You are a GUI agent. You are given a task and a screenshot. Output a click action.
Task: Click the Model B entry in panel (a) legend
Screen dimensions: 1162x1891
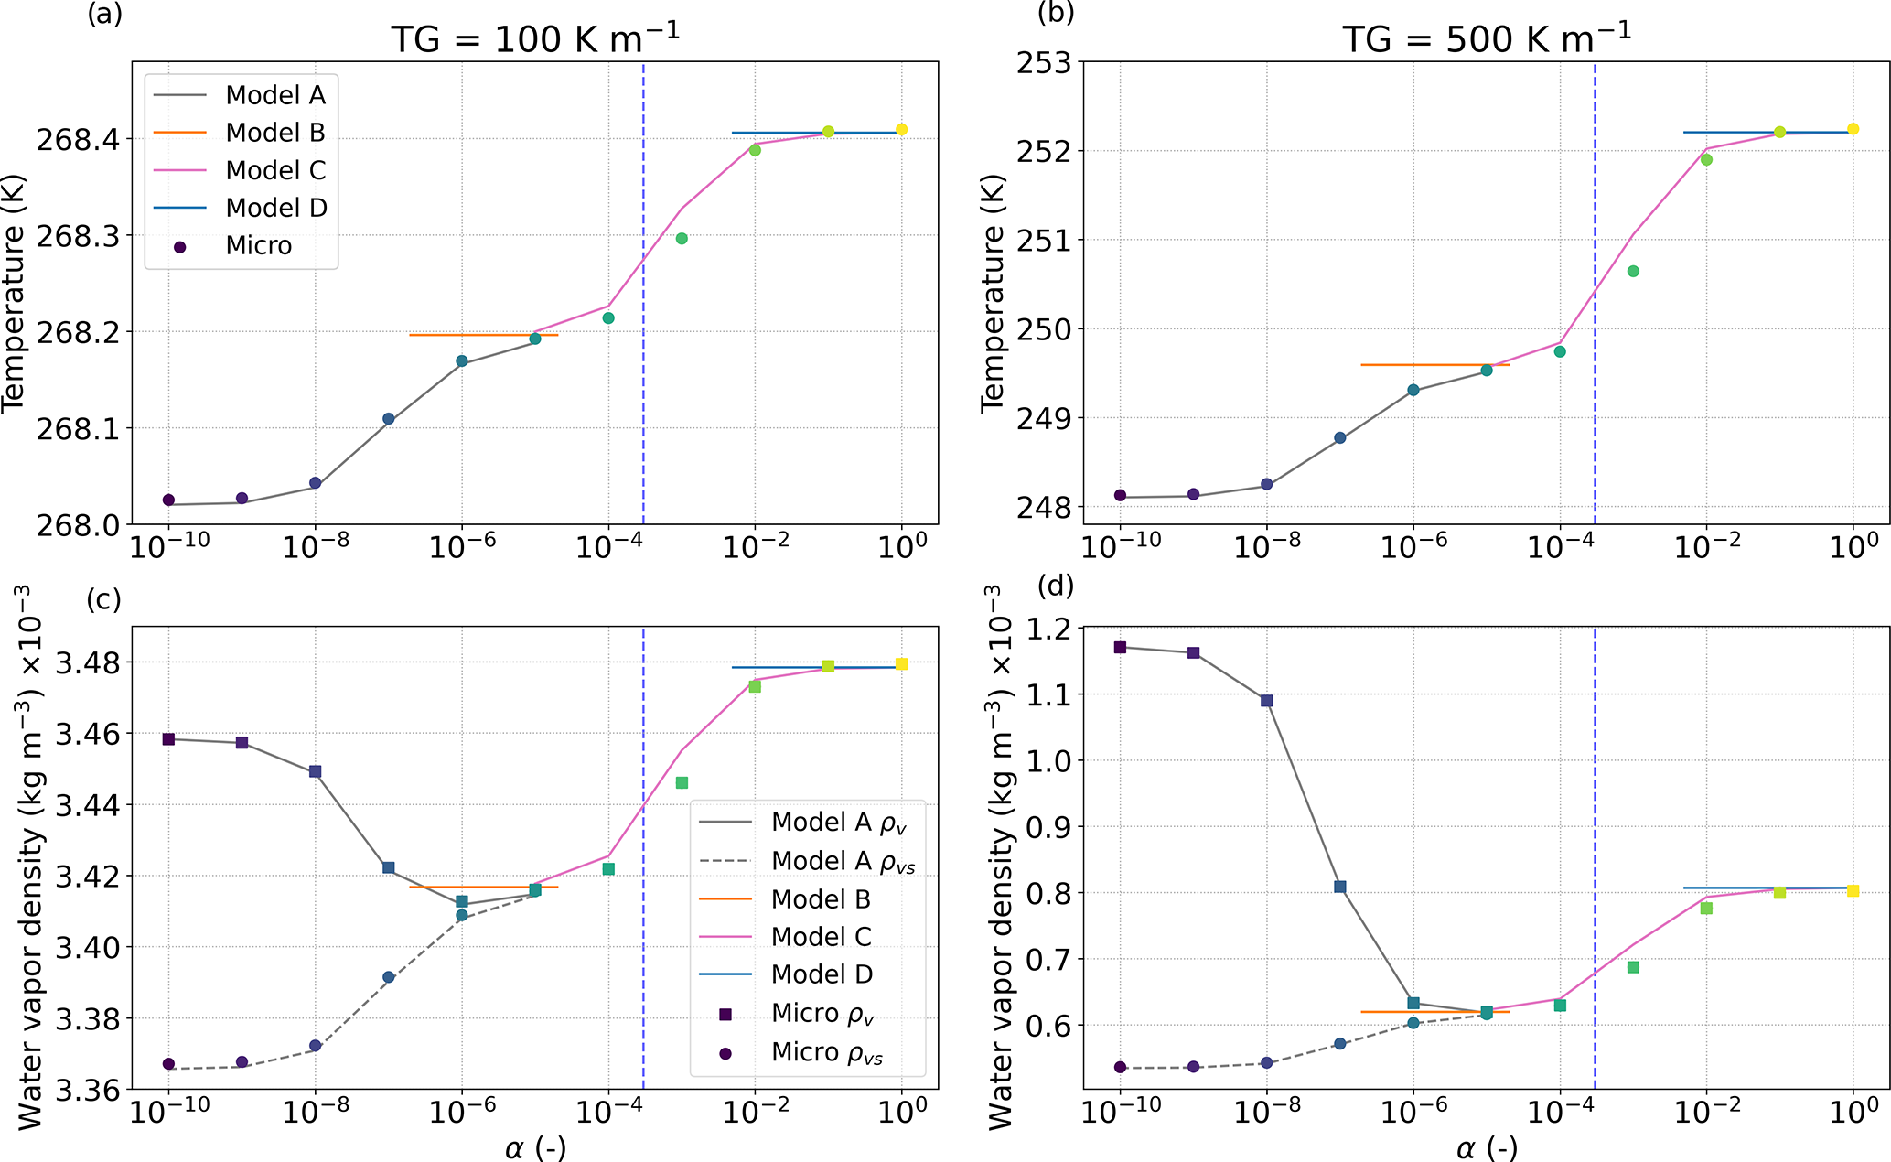tap(275, 133)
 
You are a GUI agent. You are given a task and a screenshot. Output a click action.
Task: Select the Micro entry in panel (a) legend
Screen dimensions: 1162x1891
tap(258, 245)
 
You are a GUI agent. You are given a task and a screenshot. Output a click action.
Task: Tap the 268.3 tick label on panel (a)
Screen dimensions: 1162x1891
tap(77, 236)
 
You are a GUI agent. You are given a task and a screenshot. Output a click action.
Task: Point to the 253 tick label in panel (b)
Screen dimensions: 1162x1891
tap(1044, 64)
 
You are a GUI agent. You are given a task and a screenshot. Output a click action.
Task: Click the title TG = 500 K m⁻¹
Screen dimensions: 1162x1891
tap(1487, 38)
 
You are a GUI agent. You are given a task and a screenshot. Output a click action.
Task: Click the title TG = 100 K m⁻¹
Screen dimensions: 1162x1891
tap(535, 38)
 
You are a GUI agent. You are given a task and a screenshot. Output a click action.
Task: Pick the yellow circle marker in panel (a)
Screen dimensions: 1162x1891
tap(901, 130)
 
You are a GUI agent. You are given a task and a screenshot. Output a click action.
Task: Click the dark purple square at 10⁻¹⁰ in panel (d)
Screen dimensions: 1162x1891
tap(1120, 648)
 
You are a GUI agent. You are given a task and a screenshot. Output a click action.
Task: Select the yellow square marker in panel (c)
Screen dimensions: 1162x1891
tap(901, 664)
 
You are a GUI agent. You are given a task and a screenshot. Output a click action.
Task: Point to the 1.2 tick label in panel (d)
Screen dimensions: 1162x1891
tap(1048, 629)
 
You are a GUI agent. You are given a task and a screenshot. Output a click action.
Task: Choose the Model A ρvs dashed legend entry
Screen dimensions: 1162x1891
tap(842, 861)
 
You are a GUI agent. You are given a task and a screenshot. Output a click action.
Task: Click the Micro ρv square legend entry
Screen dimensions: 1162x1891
tap(823, 1013)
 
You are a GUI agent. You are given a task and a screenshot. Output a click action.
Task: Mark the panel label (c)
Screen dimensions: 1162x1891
tap(103, 599)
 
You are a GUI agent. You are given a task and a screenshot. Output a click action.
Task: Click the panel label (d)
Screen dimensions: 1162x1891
tap(1055, 586)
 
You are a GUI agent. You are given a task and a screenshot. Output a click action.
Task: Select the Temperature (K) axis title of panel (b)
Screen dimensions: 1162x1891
tap(992, 293)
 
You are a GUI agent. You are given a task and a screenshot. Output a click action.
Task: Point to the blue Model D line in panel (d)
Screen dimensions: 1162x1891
tap(1720, 888)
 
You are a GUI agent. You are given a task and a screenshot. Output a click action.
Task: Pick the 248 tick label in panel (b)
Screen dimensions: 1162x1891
tap(1044, 507)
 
